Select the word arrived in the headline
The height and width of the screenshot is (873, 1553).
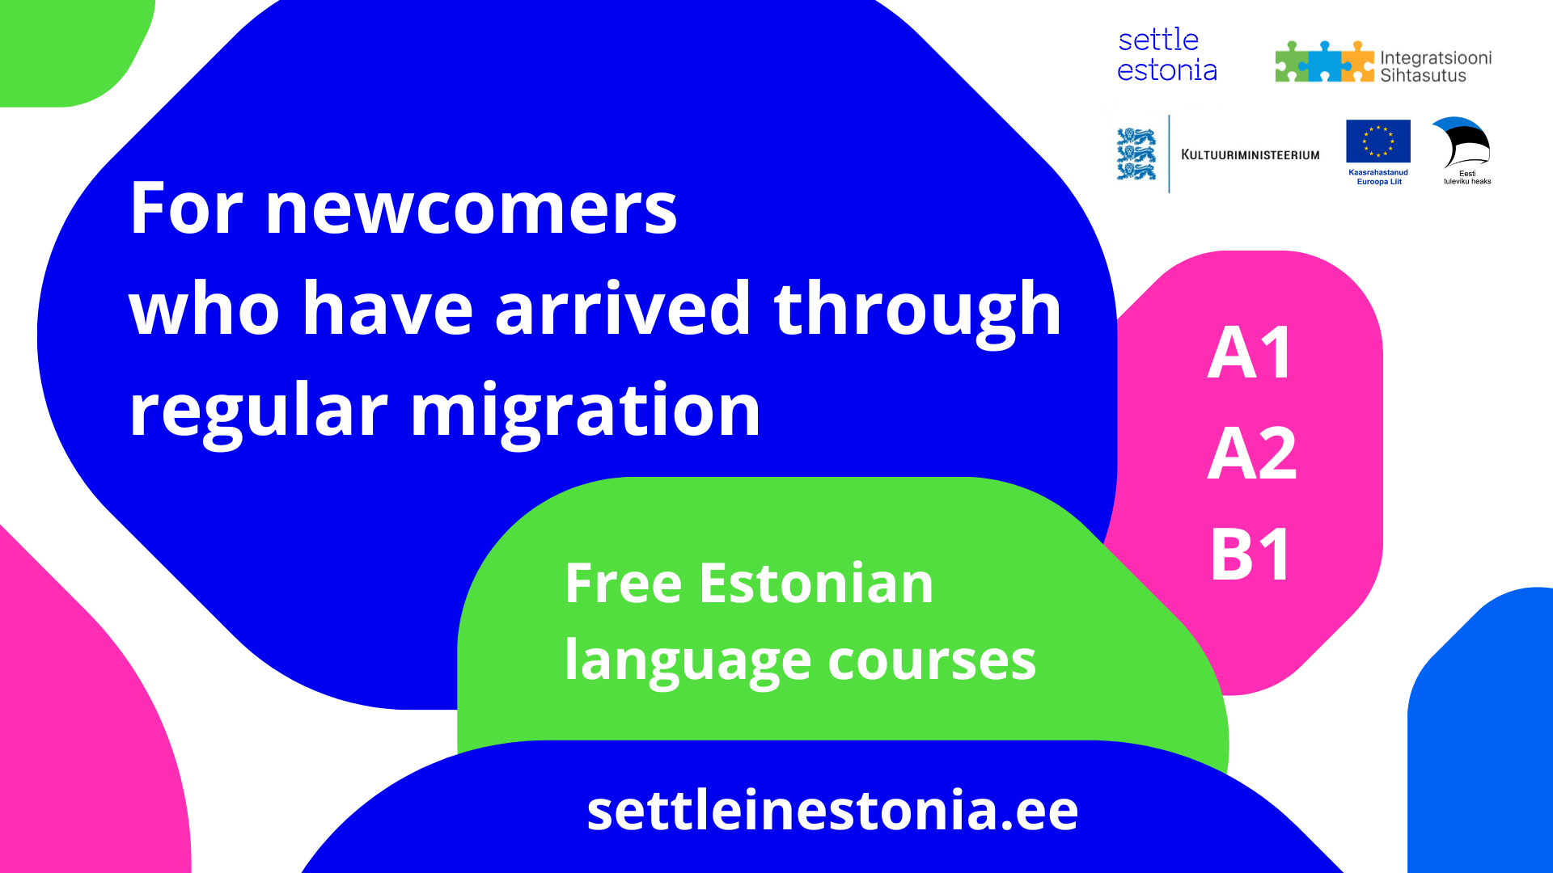coord(623,309)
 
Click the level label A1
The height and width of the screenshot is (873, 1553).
coord(1250,353)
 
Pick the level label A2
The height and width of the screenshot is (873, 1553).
coord(1252,454)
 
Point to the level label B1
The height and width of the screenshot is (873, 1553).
coord(1250,555)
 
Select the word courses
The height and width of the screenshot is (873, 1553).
coord(932,660)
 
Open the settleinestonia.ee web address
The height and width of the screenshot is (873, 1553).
coord(832,810)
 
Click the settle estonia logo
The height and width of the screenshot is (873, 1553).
coord(1166,55)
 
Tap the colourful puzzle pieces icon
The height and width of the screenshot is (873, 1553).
coord(1324,62)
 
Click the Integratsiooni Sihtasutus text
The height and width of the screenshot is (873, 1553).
coord(1435,66)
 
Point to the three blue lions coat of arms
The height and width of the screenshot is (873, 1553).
coord(1136,154)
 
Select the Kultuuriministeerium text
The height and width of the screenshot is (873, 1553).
coord(1250,154)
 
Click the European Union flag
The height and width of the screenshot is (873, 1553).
coord(1378,141)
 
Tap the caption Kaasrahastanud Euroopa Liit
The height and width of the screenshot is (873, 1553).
coord(1378,177)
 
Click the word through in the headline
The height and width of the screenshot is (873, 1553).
coord(917,309)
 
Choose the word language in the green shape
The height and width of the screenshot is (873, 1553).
coord(687,660)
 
